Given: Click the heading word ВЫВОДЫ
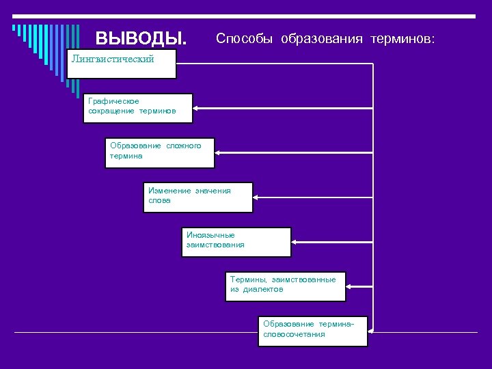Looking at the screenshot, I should pyautogui.click(x=140, y=38).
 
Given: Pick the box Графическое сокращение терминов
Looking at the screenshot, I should pyautogui.click(x=138, y=108).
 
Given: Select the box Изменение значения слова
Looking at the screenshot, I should pyautogui.click(x=197, y=197).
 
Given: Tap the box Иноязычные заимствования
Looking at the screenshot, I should pyautogui.click(x=236, y=241).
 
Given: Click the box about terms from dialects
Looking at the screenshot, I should pyautogui.click(x=286, y=286).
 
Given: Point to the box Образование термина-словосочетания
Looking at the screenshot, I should pyautogui.click(x=313, y=331).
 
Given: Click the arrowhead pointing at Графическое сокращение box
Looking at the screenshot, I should pyautogui.click(x=197, y=108).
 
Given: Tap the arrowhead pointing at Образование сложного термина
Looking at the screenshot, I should pyautogui.click(x=218, y=152).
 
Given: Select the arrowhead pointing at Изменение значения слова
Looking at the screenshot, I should pyautogui.click(x=256, y=197).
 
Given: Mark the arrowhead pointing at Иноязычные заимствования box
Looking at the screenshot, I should pyautogui.click(x=295, y=242).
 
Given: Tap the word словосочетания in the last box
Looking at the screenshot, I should pyautogui.click(x=294, y=335).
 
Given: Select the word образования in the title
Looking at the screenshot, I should pyautogui.click(x=321, y=38).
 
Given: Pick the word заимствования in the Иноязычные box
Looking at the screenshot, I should pyautogui.click(x=215, y=245).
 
